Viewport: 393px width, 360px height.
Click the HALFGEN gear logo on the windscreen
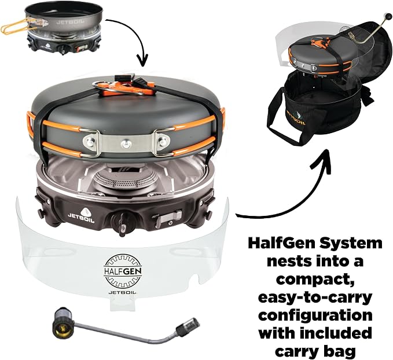tap(123, 271)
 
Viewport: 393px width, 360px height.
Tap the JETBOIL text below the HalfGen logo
tap(123, 292)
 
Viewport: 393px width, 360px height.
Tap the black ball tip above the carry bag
tap(388, 17)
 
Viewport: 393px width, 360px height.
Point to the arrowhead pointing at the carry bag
tap(321, 159)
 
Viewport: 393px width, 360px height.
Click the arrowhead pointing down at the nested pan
tap(142, 61)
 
